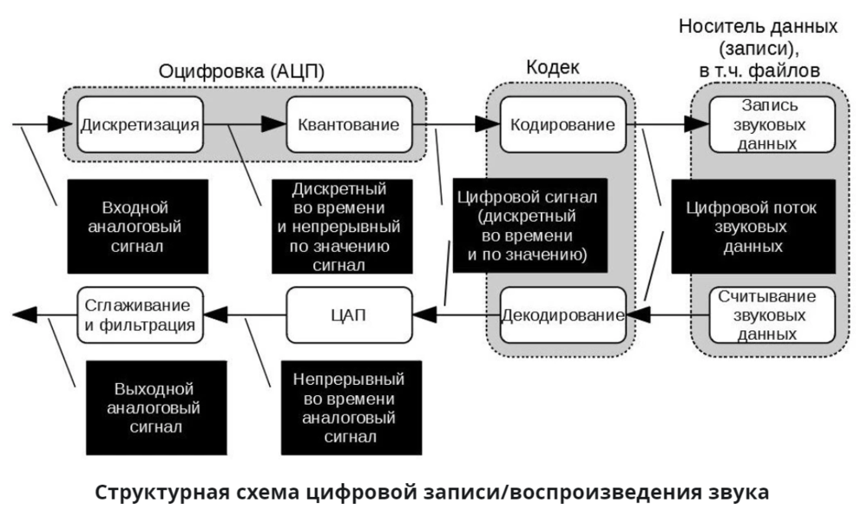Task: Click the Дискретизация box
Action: [x=140, y=124]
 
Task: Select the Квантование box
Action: [x=348, y=124]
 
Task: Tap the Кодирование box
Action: [x=562, y=124]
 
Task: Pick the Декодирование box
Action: [x=562, y=314]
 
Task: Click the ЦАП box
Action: [x=348, y=314]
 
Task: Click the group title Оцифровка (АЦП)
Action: [x=241, y=73]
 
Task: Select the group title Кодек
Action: [x=552, y=68]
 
